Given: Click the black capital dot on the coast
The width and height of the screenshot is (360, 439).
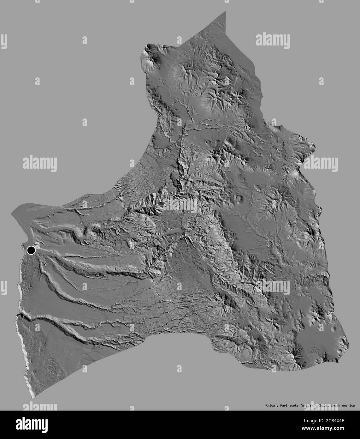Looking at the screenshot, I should point(31,250).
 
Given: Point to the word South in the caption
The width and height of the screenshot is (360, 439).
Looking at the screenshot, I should point(336,406).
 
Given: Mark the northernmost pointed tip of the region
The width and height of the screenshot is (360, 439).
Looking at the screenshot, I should point(225,11).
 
